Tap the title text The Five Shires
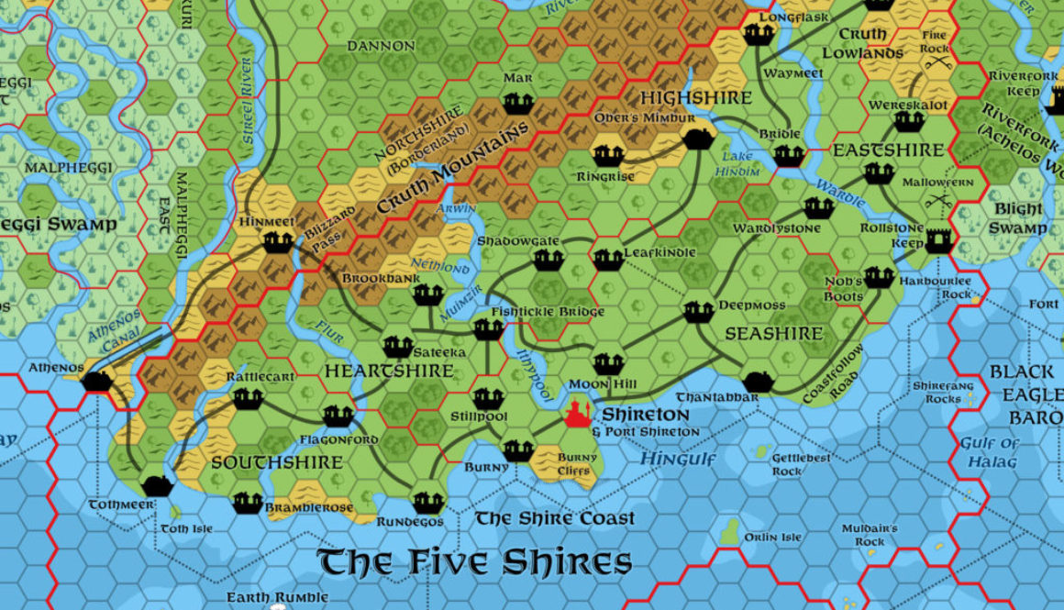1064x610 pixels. (x=474, y=561)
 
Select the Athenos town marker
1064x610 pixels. (x=97, y=381)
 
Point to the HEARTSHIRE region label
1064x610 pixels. (x=389, y=371)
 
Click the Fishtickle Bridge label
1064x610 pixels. (x=548, y=312)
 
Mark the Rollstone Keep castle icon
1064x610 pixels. (x=938, y=240)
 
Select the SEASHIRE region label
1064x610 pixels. (x=774, y=334)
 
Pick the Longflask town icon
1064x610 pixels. (x=759, y=34)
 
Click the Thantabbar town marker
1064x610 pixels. (x=758, y=382)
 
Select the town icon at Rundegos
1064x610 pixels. (x=428, y=503)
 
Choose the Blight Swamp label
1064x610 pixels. (x=1018, y=218)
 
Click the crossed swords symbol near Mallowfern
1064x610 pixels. (x=937, y=197)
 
